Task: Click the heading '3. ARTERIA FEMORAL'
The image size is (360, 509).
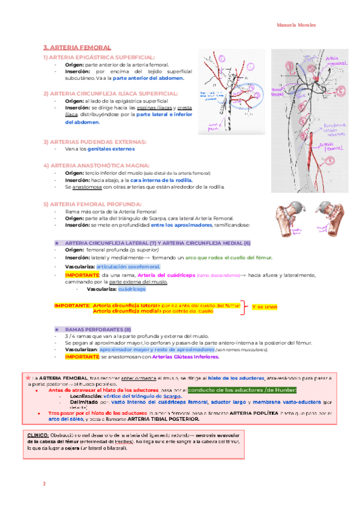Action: click(x=77, y=46)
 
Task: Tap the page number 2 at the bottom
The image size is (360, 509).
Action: click(x=44, y=484)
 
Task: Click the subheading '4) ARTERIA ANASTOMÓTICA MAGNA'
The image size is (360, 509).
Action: click(x=94, y=165)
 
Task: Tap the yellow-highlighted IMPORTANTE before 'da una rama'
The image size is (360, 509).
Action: click(x=79, y=275)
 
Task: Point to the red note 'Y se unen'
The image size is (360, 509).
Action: click(x=264, y=307)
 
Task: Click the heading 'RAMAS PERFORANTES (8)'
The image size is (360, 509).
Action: click(x=98, y=330)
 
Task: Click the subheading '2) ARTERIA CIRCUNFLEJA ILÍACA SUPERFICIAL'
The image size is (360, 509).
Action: click(x=110, y=94)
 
